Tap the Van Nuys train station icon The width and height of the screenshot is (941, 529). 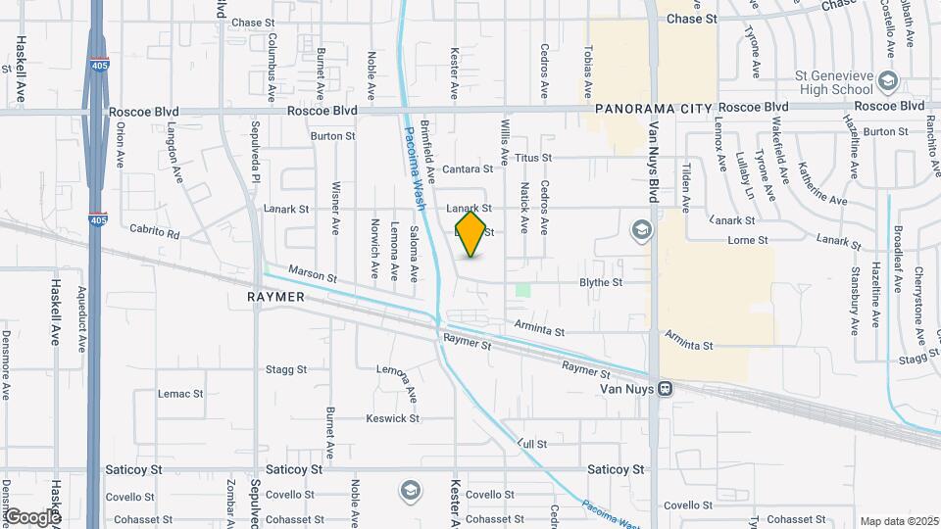666,388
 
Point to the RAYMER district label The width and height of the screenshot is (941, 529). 275,296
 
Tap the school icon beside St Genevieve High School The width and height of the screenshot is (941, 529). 889,80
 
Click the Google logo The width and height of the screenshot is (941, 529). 32,516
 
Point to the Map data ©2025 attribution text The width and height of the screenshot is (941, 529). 899,521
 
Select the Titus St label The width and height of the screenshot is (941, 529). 534,157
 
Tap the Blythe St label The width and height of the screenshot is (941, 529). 601,282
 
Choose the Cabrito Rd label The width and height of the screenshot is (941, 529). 155,232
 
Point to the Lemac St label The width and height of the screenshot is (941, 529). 180,394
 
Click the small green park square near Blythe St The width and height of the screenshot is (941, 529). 522,290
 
